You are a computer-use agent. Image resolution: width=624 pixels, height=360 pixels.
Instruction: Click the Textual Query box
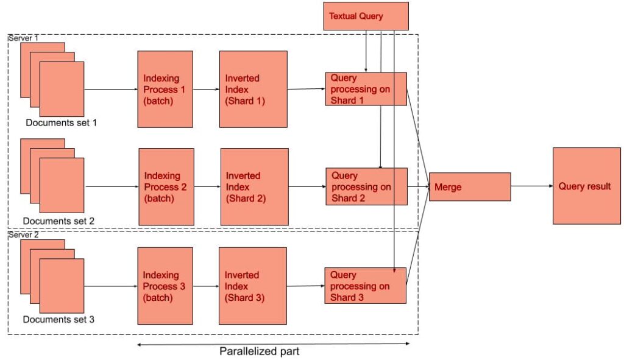tap(365, 16)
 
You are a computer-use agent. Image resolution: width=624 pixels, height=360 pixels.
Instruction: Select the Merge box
tap(469, 186)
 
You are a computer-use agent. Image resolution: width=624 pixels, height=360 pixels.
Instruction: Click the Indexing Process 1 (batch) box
tap(165, 89)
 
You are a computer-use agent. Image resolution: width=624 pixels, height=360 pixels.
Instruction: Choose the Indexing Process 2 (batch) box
tap(166, 186)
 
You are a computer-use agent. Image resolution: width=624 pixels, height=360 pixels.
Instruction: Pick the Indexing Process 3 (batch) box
tap(165, 286)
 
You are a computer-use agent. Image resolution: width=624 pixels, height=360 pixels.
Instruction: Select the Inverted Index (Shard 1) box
tap(253, 89)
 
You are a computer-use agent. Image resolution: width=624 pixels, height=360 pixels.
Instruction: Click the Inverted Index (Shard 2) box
tap(253, 186)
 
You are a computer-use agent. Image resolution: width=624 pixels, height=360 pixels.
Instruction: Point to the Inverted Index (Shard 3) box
tap(252, 286)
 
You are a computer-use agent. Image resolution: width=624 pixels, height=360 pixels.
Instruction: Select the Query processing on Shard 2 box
tap(366, 186)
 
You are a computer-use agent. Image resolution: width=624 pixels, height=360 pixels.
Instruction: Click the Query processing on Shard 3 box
tap(365, 286)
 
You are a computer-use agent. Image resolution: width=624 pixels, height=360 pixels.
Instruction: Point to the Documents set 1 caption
tap(61, 122)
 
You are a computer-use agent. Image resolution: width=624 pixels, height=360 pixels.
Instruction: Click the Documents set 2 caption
tap(59, 221)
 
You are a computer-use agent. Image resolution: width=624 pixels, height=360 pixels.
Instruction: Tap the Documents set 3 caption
tap(58, 319)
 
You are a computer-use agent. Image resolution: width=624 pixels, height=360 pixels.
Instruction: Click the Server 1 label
tap(23, 38)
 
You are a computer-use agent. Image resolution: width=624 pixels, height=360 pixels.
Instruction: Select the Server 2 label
tap(23, 235)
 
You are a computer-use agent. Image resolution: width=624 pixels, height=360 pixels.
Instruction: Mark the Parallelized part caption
tap(260, 351)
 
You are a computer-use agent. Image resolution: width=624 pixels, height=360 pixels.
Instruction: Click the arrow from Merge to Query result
tap(531, 186)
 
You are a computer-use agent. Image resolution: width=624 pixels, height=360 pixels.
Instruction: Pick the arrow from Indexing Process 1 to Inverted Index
tap(206, 89)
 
